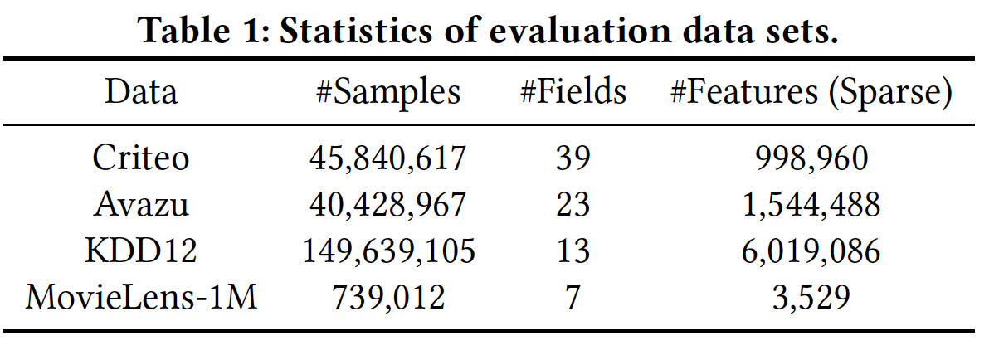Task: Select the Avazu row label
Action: coord(140,204)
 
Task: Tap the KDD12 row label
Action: coord(140,251)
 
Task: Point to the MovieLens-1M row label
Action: coord(140,296)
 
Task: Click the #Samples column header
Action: coord(388,91)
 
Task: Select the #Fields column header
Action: coord(573,91)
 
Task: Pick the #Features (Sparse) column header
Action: coord(810,91)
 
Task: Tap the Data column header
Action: coord(140,91)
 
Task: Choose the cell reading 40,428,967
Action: coord(388,204)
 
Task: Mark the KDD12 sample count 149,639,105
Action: coord(388,251)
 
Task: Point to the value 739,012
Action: coord(388,296)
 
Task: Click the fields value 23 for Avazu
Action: coord(573,204)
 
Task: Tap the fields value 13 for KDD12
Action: coord(573,251)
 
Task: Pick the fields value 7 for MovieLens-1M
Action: coord(573,296)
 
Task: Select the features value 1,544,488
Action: coord(811,204)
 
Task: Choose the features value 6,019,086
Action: coord(811,251)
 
